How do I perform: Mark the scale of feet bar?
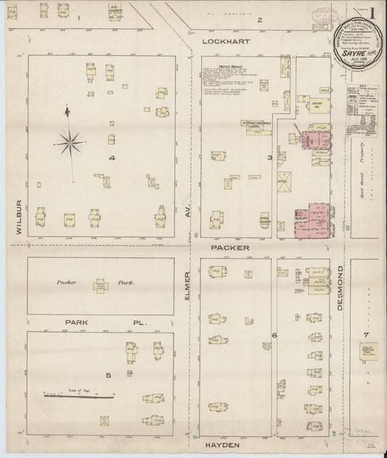[79, 396]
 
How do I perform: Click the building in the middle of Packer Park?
[100, 286]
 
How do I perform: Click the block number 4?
[113, 157]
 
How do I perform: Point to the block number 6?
[274, 336]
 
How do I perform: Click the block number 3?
[269, 157]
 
